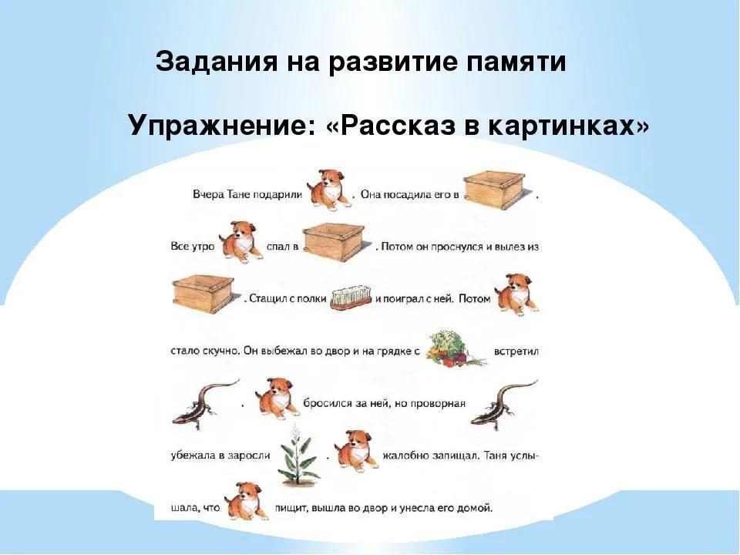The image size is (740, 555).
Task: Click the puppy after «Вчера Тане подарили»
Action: click(329, 189)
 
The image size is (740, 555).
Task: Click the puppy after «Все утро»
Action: click(240, 242)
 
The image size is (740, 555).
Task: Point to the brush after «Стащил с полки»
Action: click(351, 298)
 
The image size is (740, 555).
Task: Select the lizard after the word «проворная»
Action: click(503, 405)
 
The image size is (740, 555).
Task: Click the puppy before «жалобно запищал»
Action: click(356, 450)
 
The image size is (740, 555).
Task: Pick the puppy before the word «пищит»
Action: click(247, 501)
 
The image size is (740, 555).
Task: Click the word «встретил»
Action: click(516, 351)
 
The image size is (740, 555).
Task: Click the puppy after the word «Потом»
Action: click(516, 294)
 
